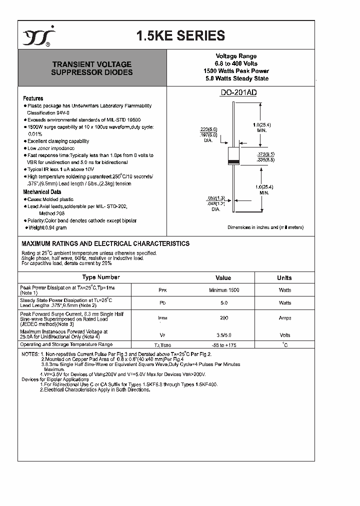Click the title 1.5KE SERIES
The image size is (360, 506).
click(180, 36)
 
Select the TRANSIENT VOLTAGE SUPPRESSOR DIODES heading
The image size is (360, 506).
click(92, 68)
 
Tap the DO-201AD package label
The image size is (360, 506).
click(239, 92)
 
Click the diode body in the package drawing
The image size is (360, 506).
click(233, 156)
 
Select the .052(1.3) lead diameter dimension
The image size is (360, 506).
click(216, 198)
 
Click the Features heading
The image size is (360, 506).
click(33, 98)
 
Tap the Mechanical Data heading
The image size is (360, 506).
click(42, 192)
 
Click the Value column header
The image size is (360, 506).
click(223, 278)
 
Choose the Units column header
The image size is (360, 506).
click(284, 278)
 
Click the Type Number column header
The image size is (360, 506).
click(100, 277)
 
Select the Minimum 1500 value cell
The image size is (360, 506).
click(223, 290)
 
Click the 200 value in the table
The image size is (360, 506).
click(223, 318)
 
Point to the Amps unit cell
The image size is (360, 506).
click(285, 318)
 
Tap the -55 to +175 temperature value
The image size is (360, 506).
click(223, 345)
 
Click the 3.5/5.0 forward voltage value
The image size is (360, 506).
click(223, 335)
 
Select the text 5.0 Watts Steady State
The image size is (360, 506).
click(236, 78)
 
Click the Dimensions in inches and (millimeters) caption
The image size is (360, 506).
click(265, 227)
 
